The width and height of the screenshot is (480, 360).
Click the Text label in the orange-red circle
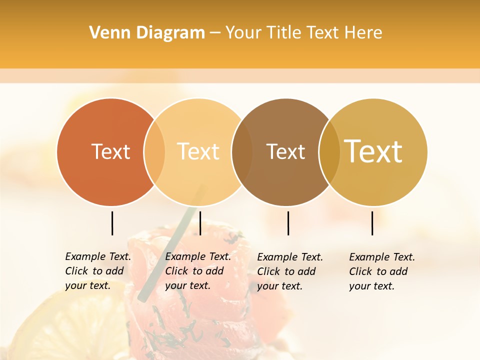click(x=110, y=151)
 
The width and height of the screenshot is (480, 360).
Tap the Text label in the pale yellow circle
click(x=198, y=151)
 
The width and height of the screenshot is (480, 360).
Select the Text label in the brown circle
click(x=285, y=151)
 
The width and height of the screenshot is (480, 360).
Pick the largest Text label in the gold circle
click(x=373, y=151)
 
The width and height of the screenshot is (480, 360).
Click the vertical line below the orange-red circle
click(x=112, y=223)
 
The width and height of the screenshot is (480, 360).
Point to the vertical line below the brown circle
click(x=288, y=223)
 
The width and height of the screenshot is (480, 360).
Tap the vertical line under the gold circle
click(x=372, y=223)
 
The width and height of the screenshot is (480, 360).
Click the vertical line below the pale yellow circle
click(x=200, y=223)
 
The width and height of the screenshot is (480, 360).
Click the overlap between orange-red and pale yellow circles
click(x=154, y=152)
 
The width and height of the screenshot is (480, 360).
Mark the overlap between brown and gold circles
click(x=329, y=152)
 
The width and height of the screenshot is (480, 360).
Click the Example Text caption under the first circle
click(x=98, y=271)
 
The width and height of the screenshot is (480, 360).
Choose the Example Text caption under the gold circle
click(x=382, y=271)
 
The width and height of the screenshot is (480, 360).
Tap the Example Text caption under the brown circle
click(x=290, y=271)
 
